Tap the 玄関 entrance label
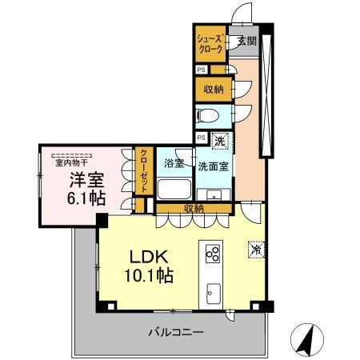tap(246, 42)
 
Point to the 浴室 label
tap(174, 163)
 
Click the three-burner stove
tap(214, 254)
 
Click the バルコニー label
tap(177, 330)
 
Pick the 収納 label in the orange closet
tap(213, 88)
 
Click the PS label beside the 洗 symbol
tap(202, 137)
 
